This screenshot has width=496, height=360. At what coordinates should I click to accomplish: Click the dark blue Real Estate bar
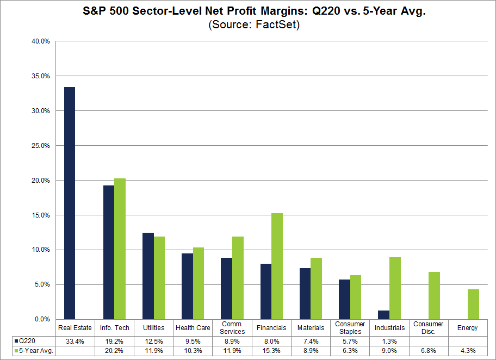pyautogui.click(x=69, y=203)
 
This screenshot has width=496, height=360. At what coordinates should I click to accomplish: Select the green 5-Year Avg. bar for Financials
pyautogui.click(x=277, y=266)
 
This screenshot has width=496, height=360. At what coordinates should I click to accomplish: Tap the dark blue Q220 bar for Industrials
pyautogui.click(x=383, y=315)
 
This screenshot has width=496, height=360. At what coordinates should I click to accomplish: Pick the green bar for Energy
pyautogui.click(x=473, y=304)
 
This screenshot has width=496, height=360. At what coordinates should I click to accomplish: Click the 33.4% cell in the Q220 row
pyautogui.click(x=75, y=340)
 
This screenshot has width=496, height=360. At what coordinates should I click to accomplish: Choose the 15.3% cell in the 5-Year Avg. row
pyautogui.click(x=271, y=351)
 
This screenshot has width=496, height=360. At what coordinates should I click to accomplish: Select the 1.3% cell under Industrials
pyautogui.click(x=389, y=340)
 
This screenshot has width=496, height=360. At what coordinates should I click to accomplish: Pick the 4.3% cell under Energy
pyautogui.click(x=468, y=351)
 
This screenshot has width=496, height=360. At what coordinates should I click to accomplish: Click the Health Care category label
pyautogui.click(x=193, y=328)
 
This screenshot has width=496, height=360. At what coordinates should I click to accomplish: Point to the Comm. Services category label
pyautogui.click(x=232, y=328)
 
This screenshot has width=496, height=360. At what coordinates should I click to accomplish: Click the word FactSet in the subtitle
pyautogui.click(x=280, y=24)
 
